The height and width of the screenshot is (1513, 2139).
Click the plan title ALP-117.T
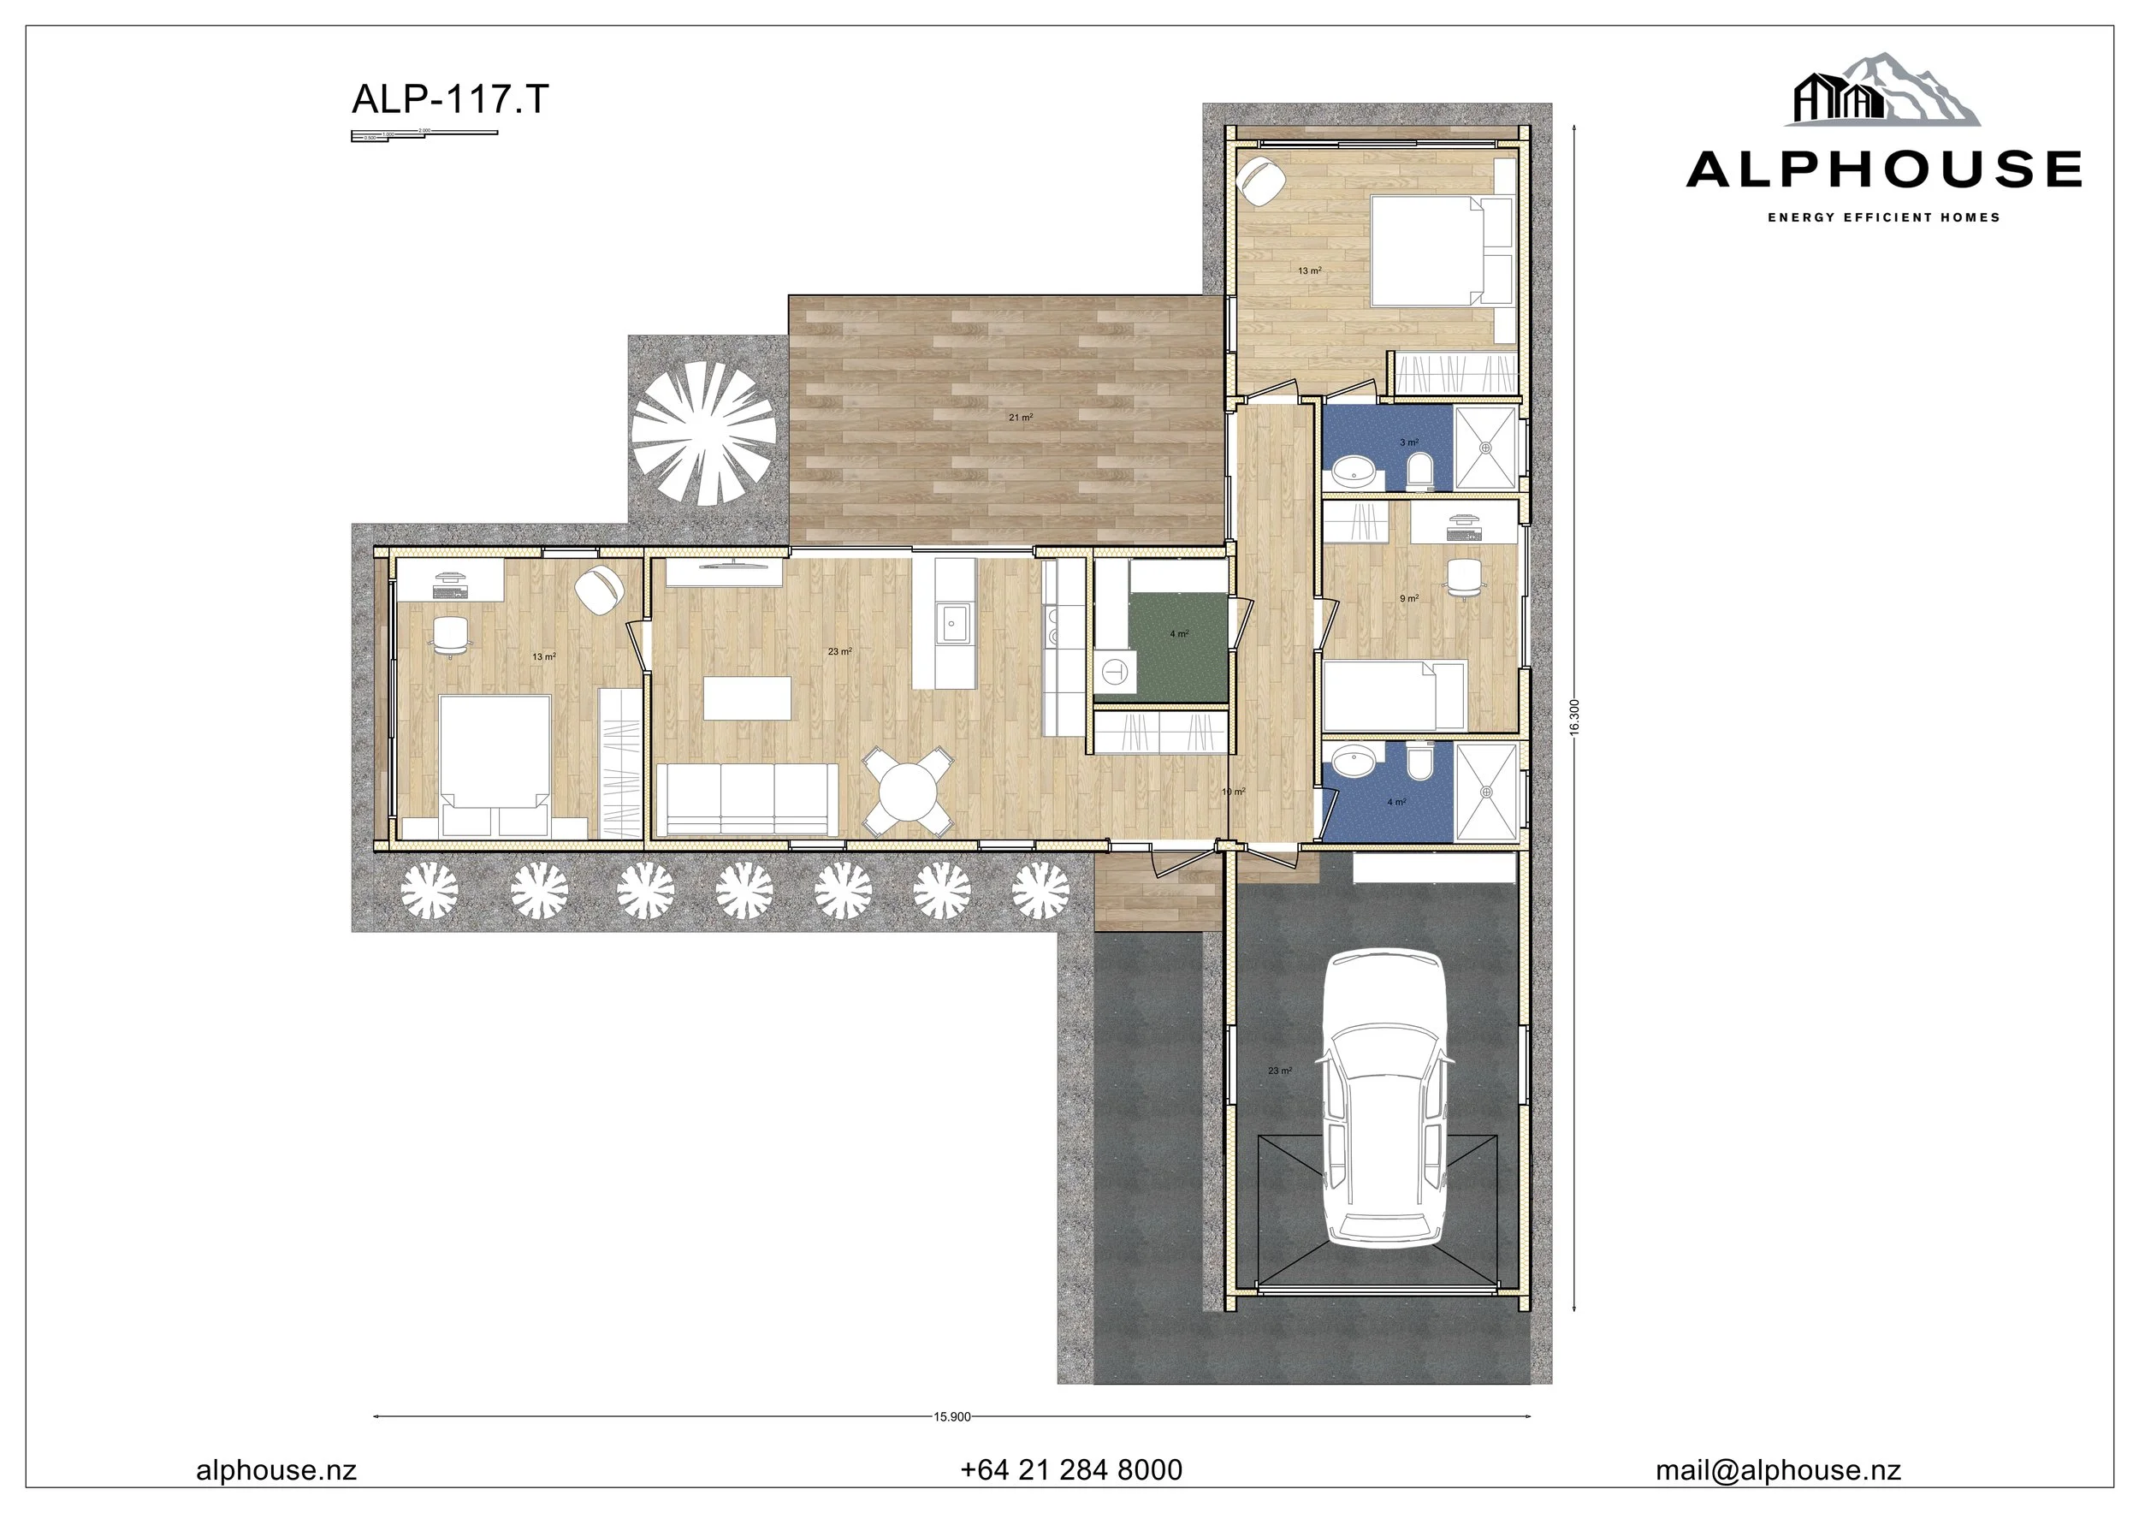450,98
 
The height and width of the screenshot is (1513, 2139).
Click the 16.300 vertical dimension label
1573,717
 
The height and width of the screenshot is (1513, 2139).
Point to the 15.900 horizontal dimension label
951,1416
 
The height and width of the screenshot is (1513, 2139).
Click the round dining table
909,792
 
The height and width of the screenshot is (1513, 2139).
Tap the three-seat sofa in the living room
747,798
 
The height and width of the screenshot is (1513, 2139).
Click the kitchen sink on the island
954,622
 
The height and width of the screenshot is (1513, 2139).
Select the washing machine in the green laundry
1115,671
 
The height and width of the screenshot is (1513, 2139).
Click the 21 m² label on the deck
1020,418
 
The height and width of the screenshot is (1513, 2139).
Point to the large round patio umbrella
703,432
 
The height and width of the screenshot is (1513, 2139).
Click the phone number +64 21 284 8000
1070,1470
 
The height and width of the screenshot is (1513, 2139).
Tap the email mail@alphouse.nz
1778,1470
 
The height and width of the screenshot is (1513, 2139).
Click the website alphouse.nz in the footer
276,1470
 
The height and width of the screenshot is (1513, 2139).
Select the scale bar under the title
424,135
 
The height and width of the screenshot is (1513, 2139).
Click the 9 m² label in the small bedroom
1408,598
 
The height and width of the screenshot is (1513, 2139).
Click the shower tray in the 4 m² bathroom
1486,791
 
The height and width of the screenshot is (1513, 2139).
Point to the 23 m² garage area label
1279,1071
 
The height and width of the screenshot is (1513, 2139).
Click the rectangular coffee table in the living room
747,697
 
